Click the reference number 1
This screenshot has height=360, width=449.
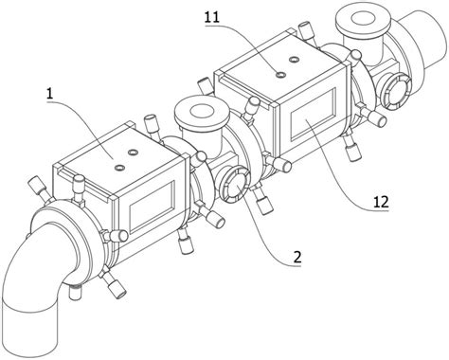[49, 94]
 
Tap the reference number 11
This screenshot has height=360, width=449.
[211, 17]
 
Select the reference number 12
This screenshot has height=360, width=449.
[381, 202]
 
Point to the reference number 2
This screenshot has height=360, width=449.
[297, 258]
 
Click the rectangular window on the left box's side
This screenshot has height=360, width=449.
[152, 207]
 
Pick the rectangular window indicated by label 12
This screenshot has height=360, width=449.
[313, 114]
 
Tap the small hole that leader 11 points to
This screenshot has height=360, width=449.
[280, 75]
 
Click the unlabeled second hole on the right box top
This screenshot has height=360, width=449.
[294, 60]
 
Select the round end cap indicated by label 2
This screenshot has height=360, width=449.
[234, 186]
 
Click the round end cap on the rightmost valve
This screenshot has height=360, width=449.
[395, 90]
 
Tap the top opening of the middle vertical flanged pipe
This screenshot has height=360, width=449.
[203, 111]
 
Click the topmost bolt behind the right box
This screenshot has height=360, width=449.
[306, 31]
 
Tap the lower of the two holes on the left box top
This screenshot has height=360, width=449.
[119, 168]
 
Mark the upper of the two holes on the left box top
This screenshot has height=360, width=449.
[133, 153]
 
